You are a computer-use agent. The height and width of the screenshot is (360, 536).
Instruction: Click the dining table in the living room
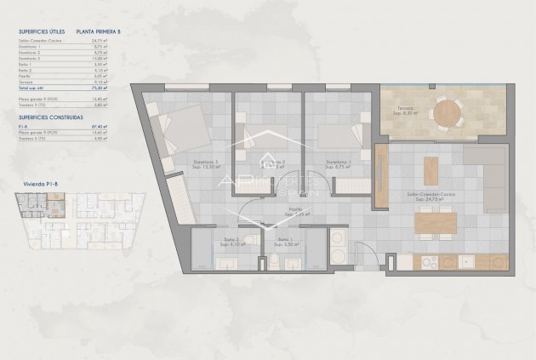[x=436, y=222]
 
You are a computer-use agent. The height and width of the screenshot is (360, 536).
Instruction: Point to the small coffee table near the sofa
[x=432, y=164]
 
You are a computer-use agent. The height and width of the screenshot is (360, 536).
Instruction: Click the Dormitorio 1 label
[x=339, y=161]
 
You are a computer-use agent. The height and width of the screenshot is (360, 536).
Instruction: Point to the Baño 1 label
[x=282, y=240]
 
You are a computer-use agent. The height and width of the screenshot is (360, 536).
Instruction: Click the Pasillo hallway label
[x=295, y=209]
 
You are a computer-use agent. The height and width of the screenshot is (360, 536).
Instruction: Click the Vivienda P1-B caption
[x=34, y=182]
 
